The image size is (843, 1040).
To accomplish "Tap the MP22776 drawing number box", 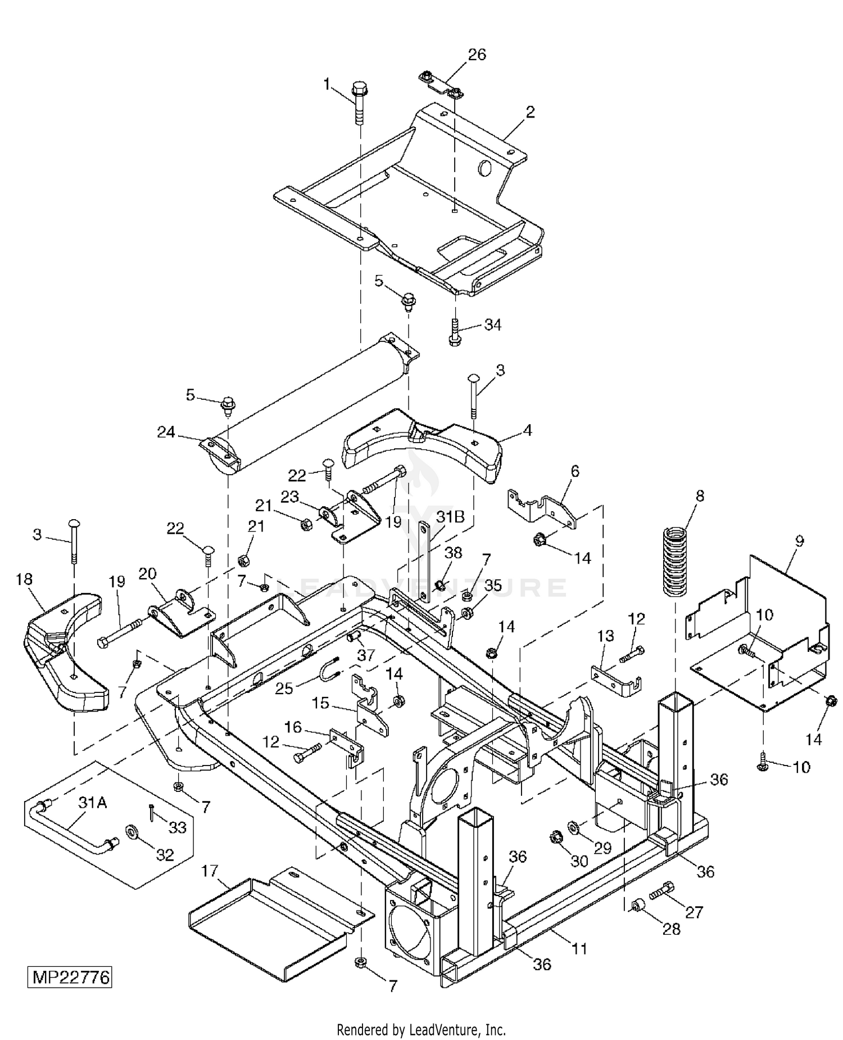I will click(x=70, y=977).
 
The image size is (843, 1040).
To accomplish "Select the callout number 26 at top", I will click(x=477, y=55).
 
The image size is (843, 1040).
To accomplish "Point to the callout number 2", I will click(x=530, y=111).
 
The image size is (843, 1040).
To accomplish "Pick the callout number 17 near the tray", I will click(x=209, y=871).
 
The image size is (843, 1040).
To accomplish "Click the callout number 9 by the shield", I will click(x=799, y=541).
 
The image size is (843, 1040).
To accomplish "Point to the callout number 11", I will click(x=579, y=949).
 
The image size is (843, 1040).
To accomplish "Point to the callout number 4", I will click(x=527, y=430).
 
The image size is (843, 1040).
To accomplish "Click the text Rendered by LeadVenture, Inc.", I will click(x=421, y=1030).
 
